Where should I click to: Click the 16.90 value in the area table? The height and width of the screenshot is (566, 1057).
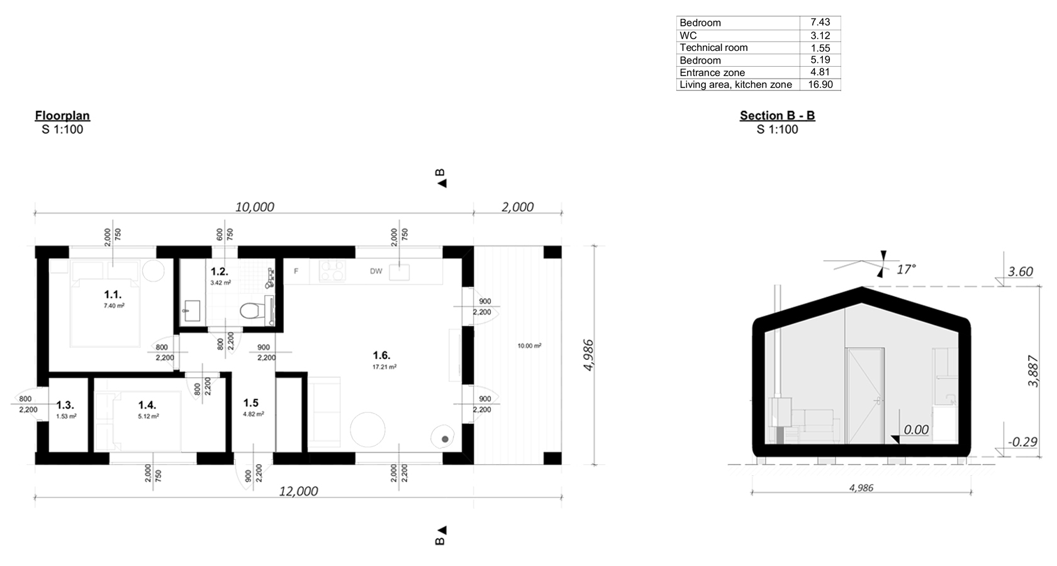point(820,84)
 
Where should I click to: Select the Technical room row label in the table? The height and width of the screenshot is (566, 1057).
point(713,48)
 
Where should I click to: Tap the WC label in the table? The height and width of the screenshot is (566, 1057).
point(688,35)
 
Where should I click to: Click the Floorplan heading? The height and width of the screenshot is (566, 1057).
point(62,116)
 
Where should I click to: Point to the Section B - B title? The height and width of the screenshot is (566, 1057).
point(777,116)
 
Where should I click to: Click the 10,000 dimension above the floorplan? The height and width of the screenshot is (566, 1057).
point(254,207)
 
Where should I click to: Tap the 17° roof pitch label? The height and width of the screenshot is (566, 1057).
point(905,269)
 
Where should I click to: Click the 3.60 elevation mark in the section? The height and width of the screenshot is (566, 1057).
point(1020,272)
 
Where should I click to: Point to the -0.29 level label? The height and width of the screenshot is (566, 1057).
point(1022,442)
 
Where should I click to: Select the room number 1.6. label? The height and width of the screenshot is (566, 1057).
point(381,355)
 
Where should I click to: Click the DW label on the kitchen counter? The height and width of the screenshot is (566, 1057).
point(376,272)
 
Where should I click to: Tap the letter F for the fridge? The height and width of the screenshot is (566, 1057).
point(296,272)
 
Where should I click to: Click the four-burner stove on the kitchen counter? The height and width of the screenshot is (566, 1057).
point(332,271)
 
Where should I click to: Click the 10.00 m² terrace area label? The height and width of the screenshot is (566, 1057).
point(529,346)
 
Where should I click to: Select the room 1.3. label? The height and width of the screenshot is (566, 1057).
point(65,406)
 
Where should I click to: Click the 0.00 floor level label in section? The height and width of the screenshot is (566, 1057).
point(915,430)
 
